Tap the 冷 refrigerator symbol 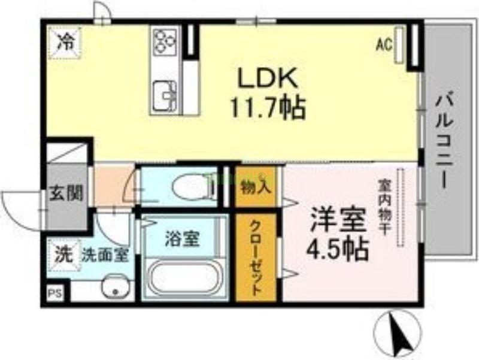[x=64, y=42]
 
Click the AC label [x=383, y=44]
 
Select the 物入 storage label [x=256, y=187]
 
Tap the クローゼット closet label [x=255, y=257]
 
